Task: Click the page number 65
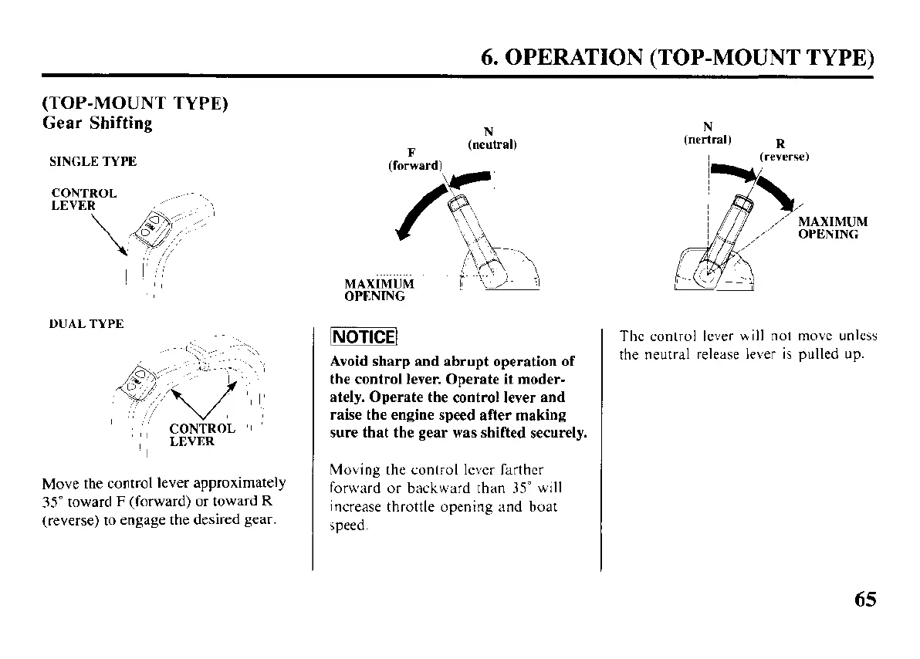coord(865,600)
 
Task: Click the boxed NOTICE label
coord(364,338)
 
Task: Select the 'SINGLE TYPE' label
coord(93,161)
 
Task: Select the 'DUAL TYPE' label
coord(86,324)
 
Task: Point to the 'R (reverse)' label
coord(782,150)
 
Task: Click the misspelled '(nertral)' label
coord(708,140)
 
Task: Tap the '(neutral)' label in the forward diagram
coord(492,144)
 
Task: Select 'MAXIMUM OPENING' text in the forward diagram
coord(378,289)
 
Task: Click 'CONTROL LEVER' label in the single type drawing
coord(84,199)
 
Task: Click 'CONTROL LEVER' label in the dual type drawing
coord(201,434)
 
